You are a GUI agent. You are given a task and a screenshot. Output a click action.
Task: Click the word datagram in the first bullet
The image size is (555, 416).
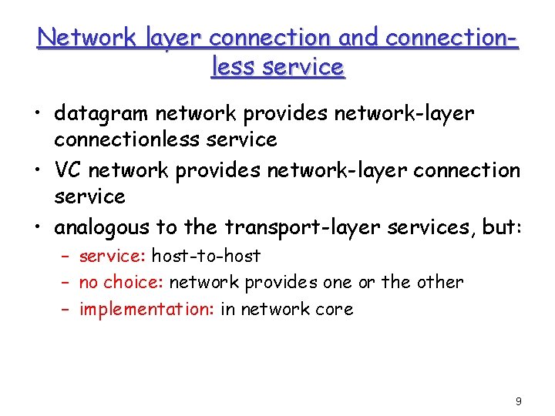pos(100,114)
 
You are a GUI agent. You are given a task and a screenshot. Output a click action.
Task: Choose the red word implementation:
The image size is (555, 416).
pos(147,310)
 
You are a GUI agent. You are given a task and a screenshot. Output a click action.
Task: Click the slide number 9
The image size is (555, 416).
pos(518,401)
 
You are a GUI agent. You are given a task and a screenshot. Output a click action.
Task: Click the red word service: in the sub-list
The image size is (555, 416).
pos(113,256)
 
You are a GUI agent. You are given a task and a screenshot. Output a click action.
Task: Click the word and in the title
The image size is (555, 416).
pos(349,37)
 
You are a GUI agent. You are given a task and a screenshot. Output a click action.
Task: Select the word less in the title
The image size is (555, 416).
pos(233,67)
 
